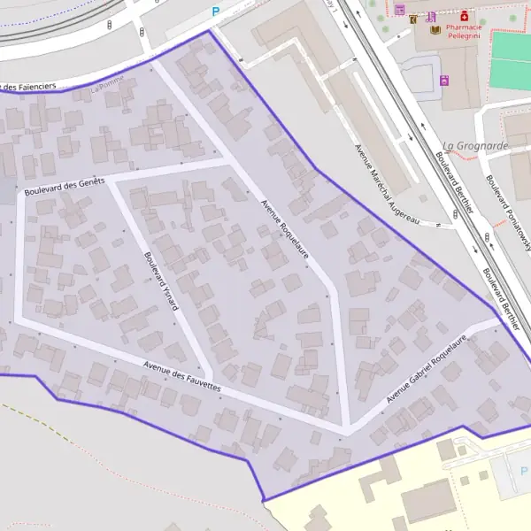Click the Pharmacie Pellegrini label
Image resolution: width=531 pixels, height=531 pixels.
464,32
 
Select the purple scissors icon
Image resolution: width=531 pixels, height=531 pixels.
431,17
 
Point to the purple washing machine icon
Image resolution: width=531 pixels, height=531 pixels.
443,81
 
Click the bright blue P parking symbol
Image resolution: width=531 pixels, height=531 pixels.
214,12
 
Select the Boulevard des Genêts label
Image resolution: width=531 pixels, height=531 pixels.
65,187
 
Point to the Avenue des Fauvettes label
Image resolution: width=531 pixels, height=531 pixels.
182,378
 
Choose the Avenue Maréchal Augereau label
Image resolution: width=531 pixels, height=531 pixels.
387,184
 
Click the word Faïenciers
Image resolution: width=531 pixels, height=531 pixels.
36,86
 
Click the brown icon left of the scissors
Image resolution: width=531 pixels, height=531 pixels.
413,19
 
